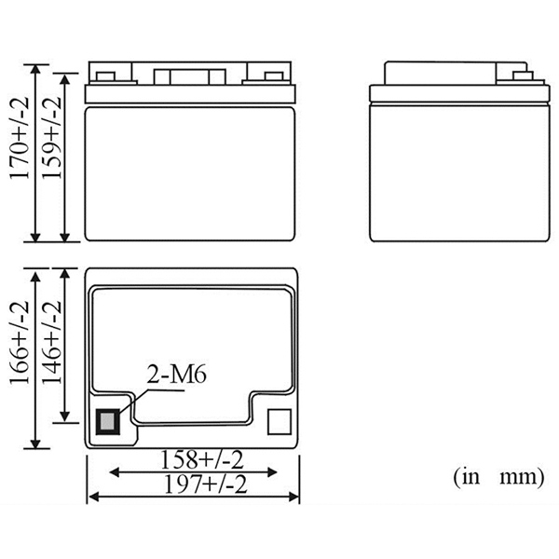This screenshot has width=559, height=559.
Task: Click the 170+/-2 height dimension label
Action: (x=19, y=138)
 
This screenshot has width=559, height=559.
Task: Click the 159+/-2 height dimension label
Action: (x=51, y=137)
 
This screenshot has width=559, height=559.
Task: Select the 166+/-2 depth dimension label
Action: (x=19, y=342)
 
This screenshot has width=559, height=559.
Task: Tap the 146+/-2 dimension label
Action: (x=51, y=342)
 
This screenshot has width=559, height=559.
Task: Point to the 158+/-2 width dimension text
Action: (x=202, y=459)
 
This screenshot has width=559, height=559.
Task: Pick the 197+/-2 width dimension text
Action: (x=205, y=484)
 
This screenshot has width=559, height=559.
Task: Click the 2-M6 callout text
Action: (x=176, y=375)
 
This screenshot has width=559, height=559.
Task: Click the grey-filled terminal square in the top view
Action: (x=108, y=422)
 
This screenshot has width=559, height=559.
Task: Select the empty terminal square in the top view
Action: (x=279, y=422)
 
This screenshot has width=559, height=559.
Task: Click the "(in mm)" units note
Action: (x=498, y=477)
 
